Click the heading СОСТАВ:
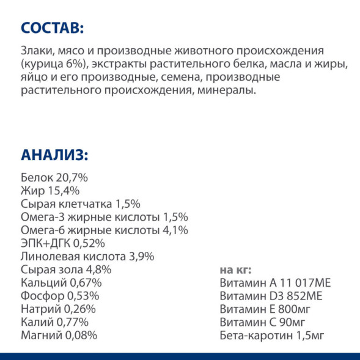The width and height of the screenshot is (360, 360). click(x=51, y=28)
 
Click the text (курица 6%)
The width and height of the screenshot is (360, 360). click(x=54, y=65)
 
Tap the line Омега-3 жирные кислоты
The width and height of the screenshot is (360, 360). click(x=92, y=217)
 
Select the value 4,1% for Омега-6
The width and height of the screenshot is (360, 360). click(x=176, y=230)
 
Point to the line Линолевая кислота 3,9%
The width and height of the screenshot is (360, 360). click(x=87, y=257)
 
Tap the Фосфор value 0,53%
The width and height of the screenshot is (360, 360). click(x=84, y=296)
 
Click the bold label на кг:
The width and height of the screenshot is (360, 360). click(x=235, y=270)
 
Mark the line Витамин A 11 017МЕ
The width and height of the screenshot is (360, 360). click(x=274, y=283)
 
